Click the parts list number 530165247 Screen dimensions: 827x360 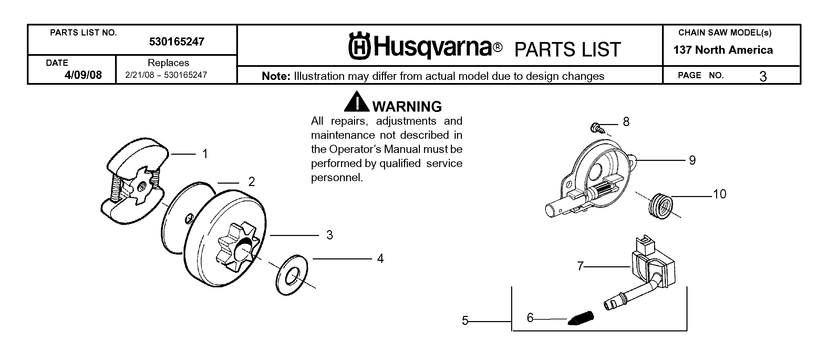[x=177, y=42]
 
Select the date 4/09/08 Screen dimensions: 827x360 [x=83, y=75]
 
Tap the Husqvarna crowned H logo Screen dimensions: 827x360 [x=359, y=46]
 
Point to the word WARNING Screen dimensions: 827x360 [x=407, y=107]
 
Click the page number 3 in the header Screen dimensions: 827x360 [x=763, y=76]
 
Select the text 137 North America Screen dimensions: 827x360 [x=723, y=50]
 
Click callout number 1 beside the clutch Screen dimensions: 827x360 [x=205, y=154]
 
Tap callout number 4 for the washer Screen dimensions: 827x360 [x=380, y=258]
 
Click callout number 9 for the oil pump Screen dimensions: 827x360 [x=692, y=160]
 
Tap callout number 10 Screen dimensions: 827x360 [x=720, y=194]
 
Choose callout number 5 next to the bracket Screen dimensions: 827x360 [x=465, y=321]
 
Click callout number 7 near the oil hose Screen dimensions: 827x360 [x=580, y=266]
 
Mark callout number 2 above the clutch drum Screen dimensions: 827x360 [x=252, y=182]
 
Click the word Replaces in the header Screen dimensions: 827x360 [x=168, y=63]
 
